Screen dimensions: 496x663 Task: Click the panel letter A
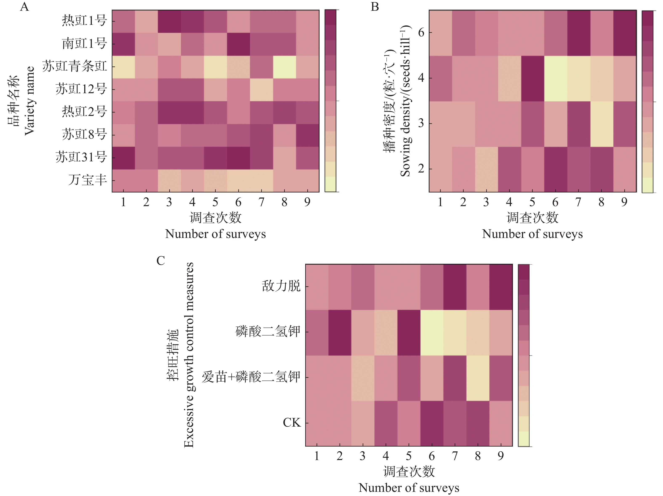click(x=25, y=7)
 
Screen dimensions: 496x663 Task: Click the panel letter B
click(x=375, y=7)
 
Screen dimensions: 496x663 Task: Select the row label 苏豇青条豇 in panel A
click(x=75, y=66)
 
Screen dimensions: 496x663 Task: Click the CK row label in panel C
click(x=292, y=423)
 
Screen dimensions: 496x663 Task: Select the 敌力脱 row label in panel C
click(x=281, y=286)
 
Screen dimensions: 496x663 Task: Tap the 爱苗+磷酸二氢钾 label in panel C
click(x=251, y=377)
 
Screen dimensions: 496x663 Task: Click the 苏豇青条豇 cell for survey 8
click(x=284, y=67)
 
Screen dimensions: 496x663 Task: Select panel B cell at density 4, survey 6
click(x=555, y=78)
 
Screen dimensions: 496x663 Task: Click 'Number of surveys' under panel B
click(x=532, y=234)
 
